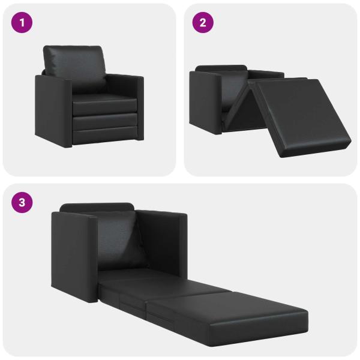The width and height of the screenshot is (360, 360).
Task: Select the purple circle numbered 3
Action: click(x=22, y=202)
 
